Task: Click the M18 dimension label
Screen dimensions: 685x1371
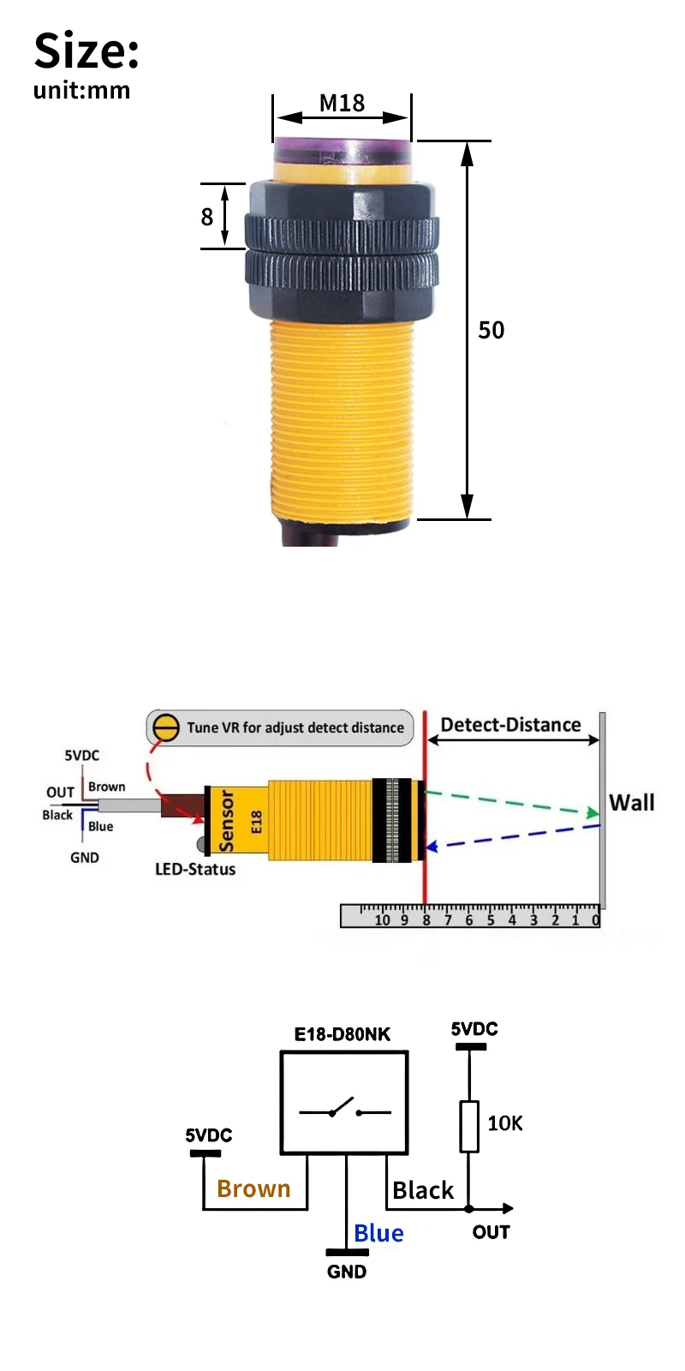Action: click(x=342, y=103)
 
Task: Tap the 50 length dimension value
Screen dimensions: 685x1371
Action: click(x=491, y=330)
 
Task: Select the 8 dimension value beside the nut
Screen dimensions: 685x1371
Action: click(x=206, y=217)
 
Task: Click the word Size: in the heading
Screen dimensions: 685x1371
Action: click(x=86, y=51)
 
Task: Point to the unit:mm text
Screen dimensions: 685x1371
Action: click(x=81, y=90)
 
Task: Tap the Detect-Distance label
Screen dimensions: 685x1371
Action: click(x=510, y=725)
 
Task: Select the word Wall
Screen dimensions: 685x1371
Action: click(x=631, y=803)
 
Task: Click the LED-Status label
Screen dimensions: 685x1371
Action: click(x=195, y=869)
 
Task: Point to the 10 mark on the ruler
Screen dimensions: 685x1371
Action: click(x=382, y=920)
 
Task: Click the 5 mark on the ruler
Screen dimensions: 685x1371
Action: click(x=491, y=920)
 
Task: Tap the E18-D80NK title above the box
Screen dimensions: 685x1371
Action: click(x=342, y=1034)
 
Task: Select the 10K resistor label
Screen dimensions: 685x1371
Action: click(x=504, y=1123)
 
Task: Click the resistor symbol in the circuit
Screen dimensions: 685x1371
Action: click(x=469, y=1126)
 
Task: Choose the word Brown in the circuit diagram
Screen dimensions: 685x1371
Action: click(x=253, y=1188)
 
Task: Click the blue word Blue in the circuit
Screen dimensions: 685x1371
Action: click(x=378, y=1233)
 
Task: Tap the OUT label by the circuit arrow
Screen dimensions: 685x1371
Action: click(x=491, y=1232)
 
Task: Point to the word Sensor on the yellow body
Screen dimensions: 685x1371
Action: click(x=227, y=821)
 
